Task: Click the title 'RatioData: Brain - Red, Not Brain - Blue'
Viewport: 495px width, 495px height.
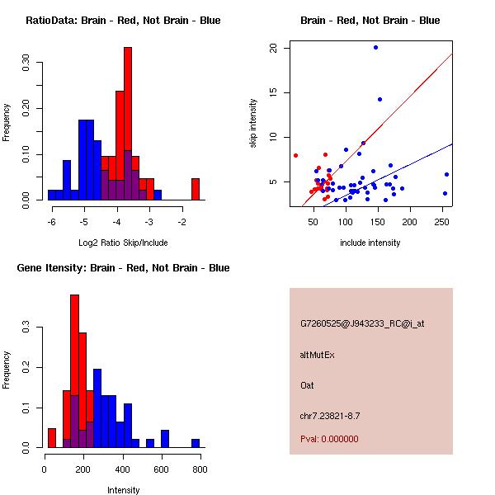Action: [123, 21]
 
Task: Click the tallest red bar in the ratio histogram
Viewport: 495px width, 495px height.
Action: [128, 124]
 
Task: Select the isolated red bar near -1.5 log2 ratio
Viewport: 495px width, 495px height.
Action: [196, 189]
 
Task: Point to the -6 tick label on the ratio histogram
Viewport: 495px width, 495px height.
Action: [51, 222]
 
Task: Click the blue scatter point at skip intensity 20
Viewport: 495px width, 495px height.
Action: [375, 48]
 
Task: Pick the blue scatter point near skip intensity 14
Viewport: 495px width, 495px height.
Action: [379, 100]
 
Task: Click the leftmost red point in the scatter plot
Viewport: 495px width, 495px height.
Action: [295, 155]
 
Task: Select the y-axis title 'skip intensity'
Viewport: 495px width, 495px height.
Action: [254, 124]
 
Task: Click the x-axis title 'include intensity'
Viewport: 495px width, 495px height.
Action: [370, 243]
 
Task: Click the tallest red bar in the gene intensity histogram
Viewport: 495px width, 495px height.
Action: [74, 371]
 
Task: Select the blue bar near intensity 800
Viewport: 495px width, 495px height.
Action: [196, 443]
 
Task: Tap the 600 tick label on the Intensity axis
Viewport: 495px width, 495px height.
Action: [161, 469]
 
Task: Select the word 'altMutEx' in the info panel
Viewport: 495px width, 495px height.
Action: [318, 355]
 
